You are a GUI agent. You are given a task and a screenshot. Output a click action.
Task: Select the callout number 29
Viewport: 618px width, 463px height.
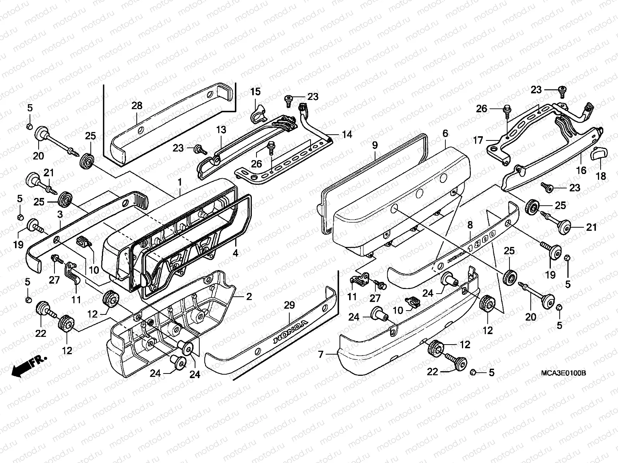tap(289, 305)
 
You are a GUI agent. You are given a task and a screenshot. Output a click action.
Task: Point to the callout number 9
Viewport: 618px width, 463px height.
tap(374, 145)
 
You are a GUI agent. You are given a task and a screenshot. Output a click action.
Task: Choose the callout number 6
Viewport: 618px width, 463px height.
tap(445, 133)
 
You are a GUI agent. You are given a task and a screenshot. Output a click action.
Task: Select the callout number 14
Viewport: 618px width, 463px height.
tap(347, 134)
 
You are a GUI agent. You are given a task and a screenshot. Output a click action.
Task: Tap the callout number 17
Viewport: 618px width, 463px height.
tap(478, 140)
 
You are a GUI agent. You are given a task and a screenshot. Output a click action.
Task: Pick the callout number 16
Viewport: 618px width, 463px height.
tap(581, 170)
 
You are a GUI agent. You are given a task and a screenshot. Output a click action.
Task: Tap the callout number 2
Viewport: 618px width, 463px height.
tap(249, 296)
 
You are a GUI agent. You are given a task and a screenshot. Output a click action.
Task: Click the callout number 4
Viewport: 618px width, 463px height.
tap(235, 253)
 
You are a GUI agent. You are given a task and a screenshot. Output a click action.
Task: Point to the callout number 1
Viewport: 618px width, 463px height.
tap(179, 181)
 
